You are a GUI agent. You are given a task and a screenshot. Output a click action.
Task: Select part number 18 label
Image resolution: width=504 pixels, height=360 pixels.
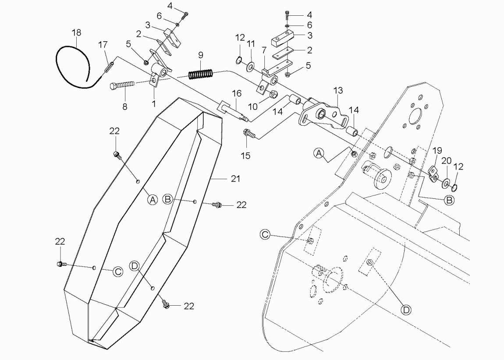(x=77, y=32)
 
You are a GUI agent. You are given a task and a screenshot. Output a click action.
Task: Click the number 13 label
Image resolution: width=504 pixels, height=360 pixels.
(x=338, y=91)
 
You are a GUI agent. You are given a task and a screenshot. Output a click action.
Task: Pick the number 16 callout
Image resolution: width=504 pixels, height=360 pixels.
(x=237, y=93)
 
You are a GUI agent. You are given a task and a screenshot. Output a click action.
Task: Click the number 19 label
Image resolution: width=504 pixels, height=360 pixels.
(x=437, y=151)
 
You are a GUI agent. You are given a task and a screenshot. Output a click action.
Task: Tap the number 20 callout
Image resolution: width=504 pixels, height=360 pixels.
(x=446, y=161)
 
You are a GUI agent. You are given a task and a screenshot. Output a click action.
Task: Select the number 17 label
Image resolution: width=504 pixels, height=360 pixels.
(x=103, y=44)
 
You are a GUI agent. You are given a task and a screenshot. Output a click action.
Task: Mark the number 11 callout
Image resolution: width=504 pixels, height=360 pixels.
(x=250, y=44)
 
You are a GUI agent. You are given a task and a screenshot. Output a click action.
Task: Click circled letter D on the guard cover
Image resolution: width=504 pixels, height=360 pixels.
(x=135, y=265)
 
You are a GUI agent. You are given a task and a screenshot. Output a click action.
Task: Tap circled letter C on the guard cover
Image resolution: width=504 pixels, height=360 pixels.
(x=118, y=272)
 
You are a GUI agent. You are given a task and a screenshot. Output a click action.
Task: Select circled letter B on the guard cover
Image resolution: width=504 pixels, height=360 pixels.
(x=167, y=199)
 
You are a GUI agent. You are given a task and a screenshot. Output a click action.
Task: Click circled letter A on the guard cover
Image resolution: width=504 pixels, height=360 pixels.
(x=152, y=200)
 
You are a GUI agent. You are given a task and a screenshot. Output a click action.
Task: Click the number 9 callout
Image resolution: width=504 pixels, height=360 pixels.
(x=201, y=55)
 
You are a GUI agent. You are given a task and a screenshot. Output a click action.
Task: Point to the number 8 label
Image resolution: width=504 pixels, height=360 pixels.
(x=125, y=106)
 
